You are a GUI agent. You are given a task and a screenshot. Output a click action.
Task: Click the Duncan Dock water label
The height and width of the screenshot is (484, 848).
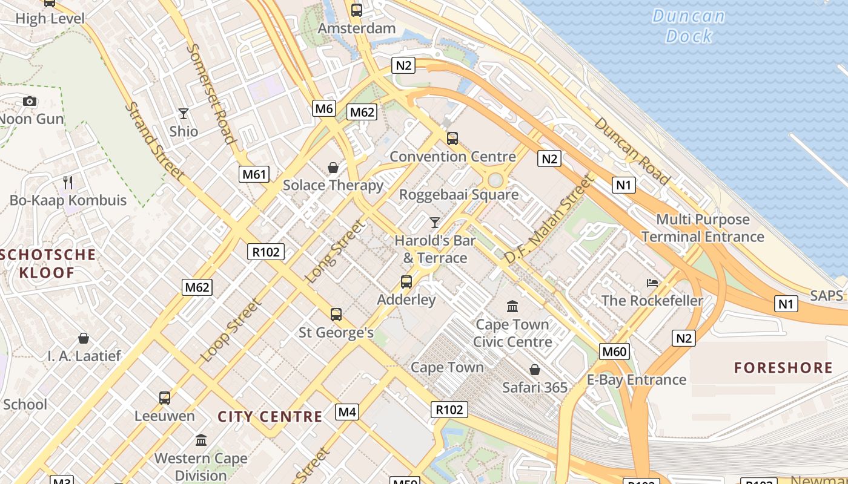689,26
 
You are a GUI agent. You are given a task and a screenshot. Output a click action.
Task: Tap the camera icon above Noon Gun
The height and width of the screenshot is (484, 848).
30,101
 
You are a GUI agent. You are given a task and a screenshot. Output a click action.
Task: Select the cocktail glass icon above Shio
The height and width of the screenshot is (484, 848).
184,113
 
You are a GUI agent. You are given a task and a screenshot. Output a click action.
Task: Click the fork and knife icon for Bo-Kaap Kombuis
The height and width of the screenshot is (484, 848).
68,182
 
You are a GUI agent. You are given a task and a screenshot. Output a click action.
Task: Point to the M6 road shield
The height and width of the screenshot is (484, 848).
324,108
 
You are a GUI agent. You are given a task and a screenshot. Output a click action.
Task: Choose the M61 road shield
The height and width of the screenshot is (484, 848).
254,174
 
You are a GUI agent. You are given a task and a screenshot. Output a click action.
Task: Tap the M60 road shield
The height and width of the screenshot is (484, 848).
615,352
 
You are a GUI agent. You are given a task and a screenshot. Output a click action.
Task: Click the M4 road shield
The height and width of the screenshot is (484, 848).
347,412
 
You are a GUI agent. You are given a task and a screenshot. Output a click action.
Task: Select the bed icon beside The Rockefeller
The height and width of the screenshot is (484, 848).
652,283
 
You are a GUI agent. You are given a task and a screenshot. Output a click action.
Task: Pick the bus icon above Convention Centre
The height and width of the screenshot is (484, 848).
452,139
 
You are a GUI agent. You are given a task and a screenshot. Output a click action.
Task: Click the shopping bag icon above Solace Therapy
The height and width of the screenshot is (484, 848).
333,168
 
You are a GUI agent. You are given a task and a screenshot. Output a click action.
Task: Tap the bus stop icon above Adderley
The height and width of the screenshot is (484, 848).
406,282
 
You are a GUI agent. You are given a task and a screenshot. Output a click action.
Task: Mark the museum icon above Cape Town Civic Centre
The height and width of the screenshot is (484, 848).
512,307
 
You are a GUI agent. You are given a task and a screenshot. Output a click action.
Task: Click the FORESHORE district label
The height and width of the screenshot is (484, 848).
783,368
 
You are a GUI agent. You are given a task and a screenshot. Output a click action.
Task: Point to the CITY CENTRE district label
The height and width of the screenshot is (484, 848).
270,416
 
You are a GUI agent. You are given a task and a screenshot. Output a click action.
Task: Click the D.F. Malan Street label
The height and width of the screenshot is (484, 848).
549,219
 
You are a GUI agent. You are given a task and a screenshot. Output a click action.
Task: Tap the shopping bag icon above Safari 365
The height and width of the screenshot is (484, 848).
535,370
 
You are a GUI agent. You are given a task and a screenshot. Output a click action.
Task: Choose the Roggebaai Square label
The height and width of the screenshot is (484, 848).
459,194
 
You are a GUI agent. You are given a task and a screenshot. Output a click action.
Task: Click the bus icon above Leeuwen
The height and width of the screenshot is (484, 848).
165,398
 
